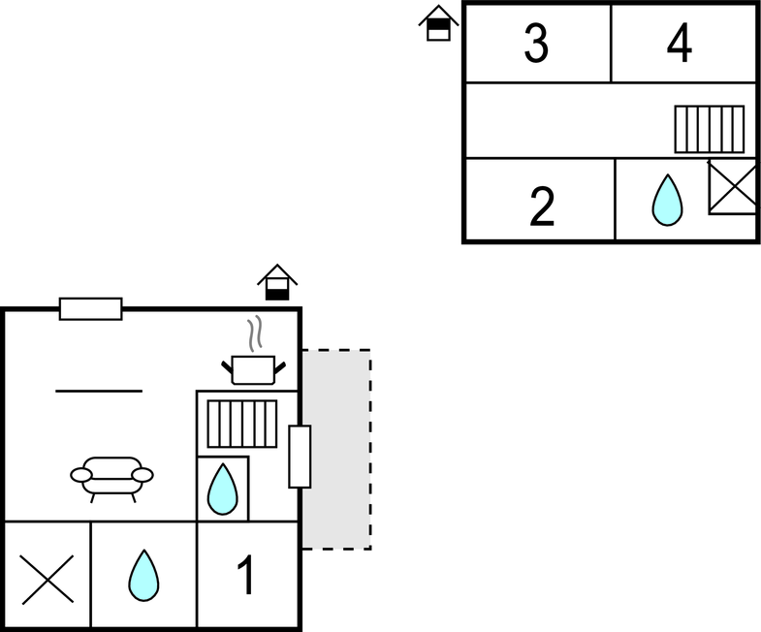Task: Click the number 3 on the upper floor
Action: (x=536, y=44)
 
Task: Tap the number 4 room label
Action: (x=681, y=44)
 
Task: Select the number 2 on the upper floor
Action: (x=542, y=205)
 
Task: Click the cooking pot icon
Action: (x=254, y=368)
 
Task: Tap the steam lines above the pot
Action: (x=255, y=334)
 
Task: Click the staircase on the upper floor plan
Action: (x=710, y=129)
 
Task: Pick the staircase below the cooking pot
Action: (x=242, y=424)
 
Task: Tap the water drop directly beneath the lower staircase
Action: (x=222, y=490)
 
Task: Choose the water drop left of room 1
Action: (x=143, y=576)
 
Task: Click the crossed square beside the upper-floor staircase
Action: (x=732, y=186)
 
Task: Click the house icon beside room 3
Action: (x=439, y=23)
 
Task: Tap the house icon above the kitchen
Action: (x=277, y=283)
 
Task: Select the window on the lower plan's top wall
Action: (x=91, y=309)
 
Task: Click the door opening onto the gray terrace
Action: (x=300, y=456)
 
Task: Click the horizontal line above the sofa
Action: (x=99, y=392)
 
